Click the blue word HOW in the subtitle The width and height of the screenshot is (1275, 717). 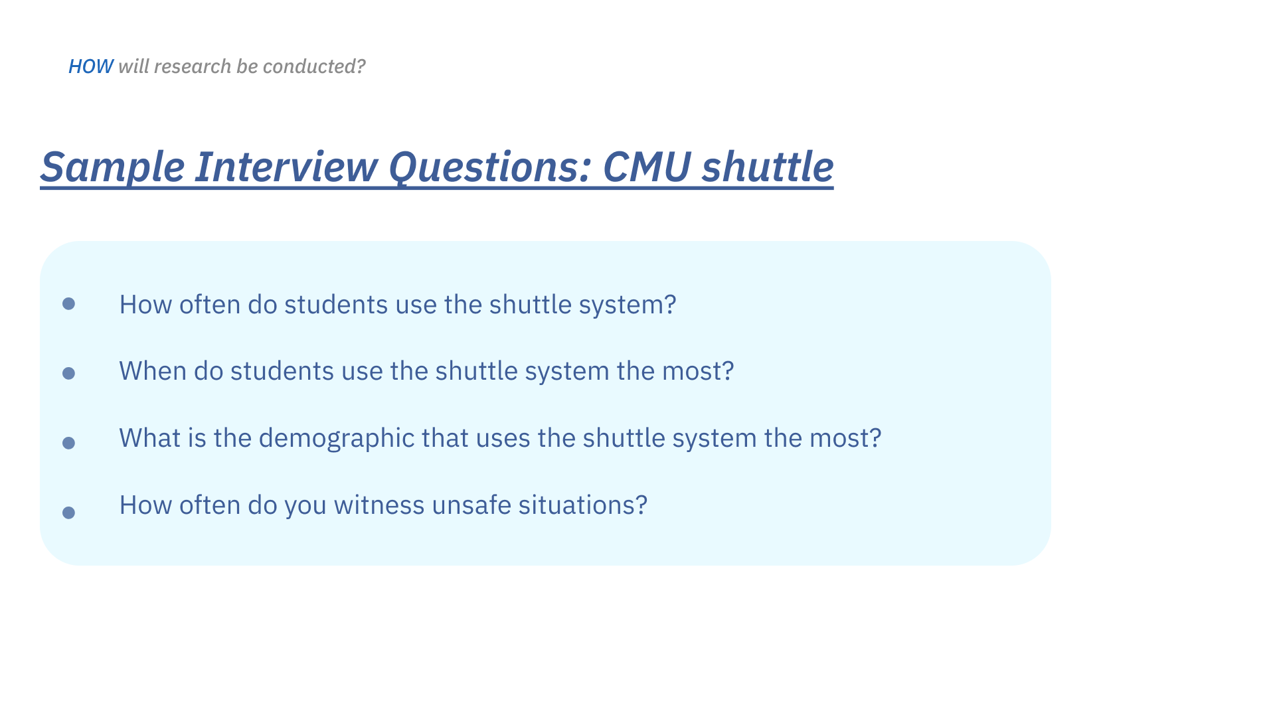91,66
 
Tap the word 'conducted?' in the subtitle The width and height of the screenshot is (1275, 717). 314,66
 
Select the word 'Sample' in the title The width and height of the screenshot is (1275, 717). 112,167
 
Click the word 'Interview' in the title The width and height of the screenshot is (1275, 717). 286,166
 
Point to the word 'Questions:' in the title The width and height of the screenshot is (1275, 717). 490,167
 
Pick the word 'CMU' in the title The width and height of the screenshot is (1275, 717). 647,166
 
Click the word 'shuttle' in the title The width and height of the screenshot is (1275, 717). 768,166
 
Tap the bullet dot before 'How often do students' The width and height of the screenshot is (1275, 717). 68,303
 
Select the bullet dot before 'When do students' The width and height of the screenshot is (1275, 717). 68,373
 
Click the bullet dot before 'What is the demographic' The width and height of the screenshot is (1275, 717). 68,443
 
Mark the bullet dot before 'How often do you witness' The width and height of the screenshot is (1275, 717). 68,513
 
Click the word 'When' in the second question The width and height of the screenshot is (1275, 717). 153,371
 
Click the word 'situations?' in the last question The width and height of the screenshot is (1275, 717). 583,505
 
